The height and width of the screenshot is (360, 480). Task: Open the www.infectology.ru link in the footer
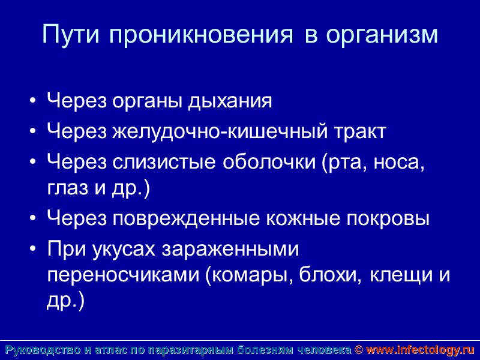pos(421,350)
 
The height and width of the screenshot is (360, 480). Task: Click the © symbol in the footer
pos(359,350)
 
